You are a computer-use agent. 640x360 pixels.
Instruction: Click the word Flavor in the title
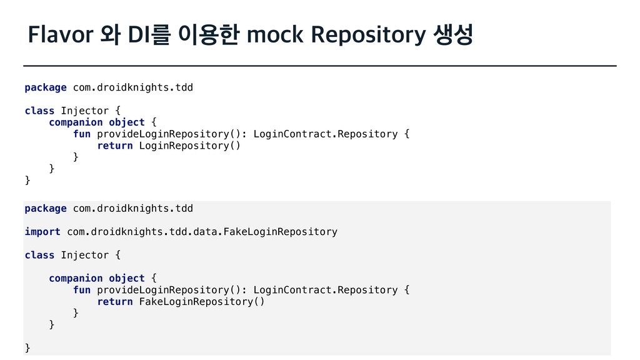point(56,36)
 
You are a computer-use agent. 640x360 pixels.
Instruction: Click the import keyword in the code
point(42,232)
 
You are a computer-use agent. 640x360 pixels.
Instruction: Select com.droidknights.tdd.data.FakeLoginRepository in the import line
point(202,232)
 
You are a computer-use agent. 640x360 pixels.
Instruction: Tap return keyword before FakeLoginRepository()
point(115,302)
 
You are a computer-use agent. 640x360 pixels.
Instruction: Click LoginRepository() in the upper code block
point(189,146)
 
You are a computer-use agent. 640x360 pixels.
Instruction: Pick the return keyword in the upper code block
point(115,146)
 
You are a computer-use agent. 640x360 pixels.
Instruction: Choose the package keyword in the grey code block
point(46,208)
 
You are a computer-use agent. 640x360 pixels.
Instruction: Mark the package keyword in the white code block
point(46,87)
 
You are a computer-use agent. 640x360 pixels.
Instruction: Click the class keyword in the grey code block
point(39,255)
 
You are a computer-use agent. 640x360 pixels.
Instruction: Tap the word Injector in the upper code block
point(84,111)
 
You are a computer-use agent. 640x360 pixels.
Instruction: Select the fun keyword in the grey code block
point(82,290)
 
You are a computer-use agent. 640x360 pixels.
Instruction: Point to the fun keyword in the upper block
point(82,134)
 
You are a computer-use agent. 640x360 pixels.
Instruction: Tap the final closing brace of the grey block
point(27,347)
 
